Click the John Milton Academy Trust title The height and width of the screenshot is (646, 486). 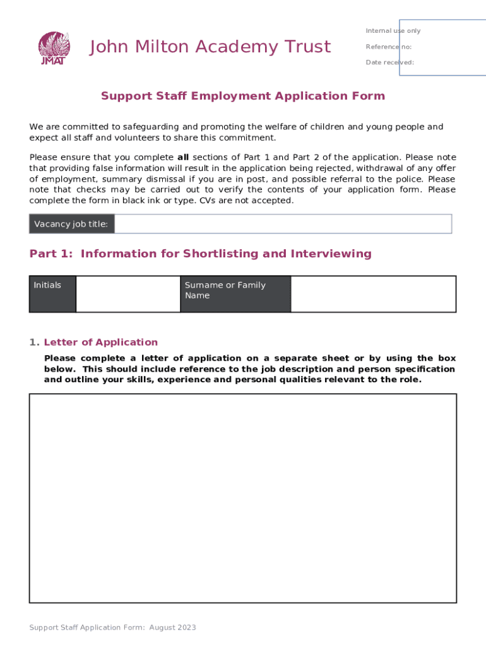(x=210, y=47)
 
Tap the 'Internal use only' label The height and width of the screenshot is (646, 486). (x=393, y=31)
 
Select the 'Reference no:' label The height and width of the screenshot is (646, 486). (x=388, y=47)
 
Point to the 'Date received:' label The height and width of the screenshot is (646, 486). (x=389, y=62)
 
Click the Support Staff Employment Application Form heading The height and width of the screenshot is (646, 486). (x=242, y=96)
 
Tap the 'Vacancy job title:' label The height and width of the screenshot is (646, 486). (x=71, y=224)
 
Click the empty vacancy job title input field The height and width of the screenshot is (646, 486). (x=283, y=224)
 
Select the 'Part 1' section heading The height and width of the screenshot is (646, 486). (x=200, y=254)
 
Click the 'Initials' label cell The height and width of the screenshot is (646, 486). (x=52, y=294)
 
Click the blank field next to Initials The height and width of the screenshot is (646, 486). (x=127, y=294)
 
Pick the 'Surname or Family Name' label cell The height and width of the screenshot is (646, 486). (x=235, y=294)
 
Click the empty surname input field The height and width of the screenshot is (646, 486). (x=373, y=294)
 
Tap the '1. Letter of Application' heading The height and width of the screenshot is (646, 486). (x=93, y=342)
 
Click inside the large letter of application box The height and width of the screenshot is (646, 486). (x=242, y=498)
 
